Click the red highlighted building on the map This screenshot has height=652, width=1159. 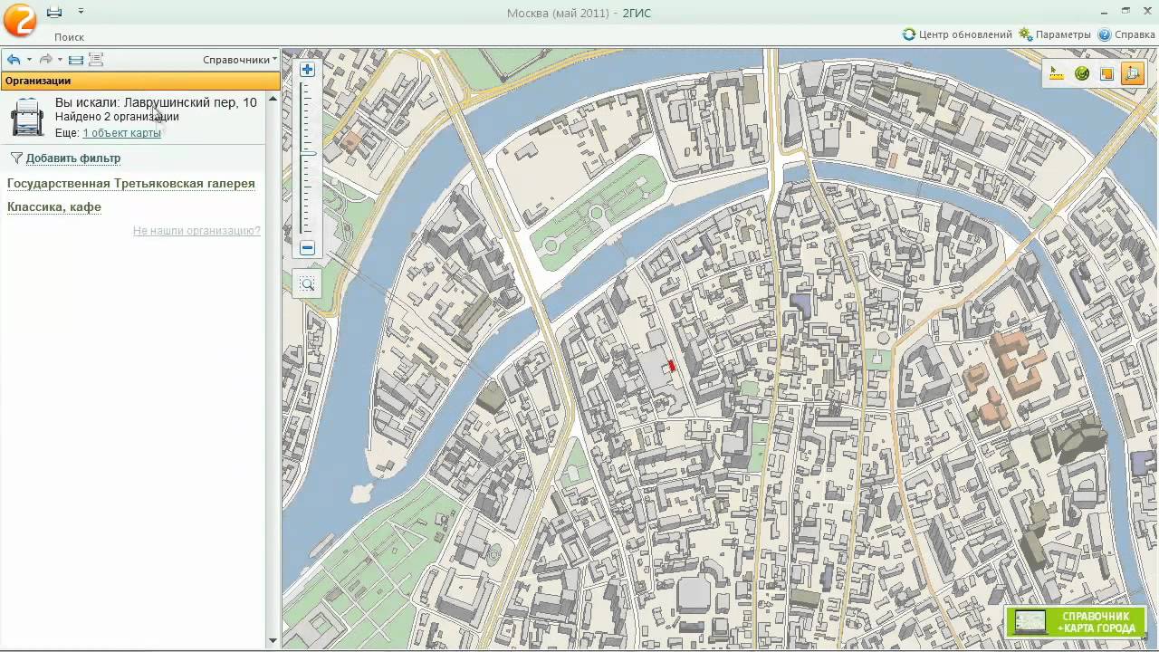pos(671,366)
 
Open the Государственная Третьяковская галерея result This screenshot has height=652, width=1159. pos(131,184)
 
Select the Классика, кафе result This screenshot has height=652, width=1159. pos(54,207)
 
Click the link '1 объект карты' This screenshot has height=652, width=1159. pos(121,133)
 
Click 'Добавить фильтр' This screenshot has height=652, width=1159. pos(72,158)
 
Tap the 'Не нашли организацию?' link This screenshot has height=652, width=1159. pos(196,231)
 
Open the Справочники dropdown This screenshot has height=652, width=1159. pos(239,60)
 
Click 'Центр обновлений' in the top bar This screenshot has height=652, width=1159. pos(957,34)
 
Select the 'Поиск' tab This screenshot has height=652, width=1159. pos(69,37)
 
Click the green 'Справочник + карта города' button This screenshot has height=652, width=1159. pos(1076,622)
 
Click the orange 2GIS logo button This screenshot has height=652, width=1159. pos(19,19)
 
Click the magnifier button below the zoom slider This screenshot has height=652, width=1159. pos(307,284)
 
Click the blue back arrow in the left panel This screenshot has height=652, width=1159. pos(14,60)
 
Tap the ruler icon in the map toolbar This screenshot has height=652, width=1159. pos(1057,74)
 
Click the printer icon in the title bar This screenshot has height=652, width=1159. pos(54,12)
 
